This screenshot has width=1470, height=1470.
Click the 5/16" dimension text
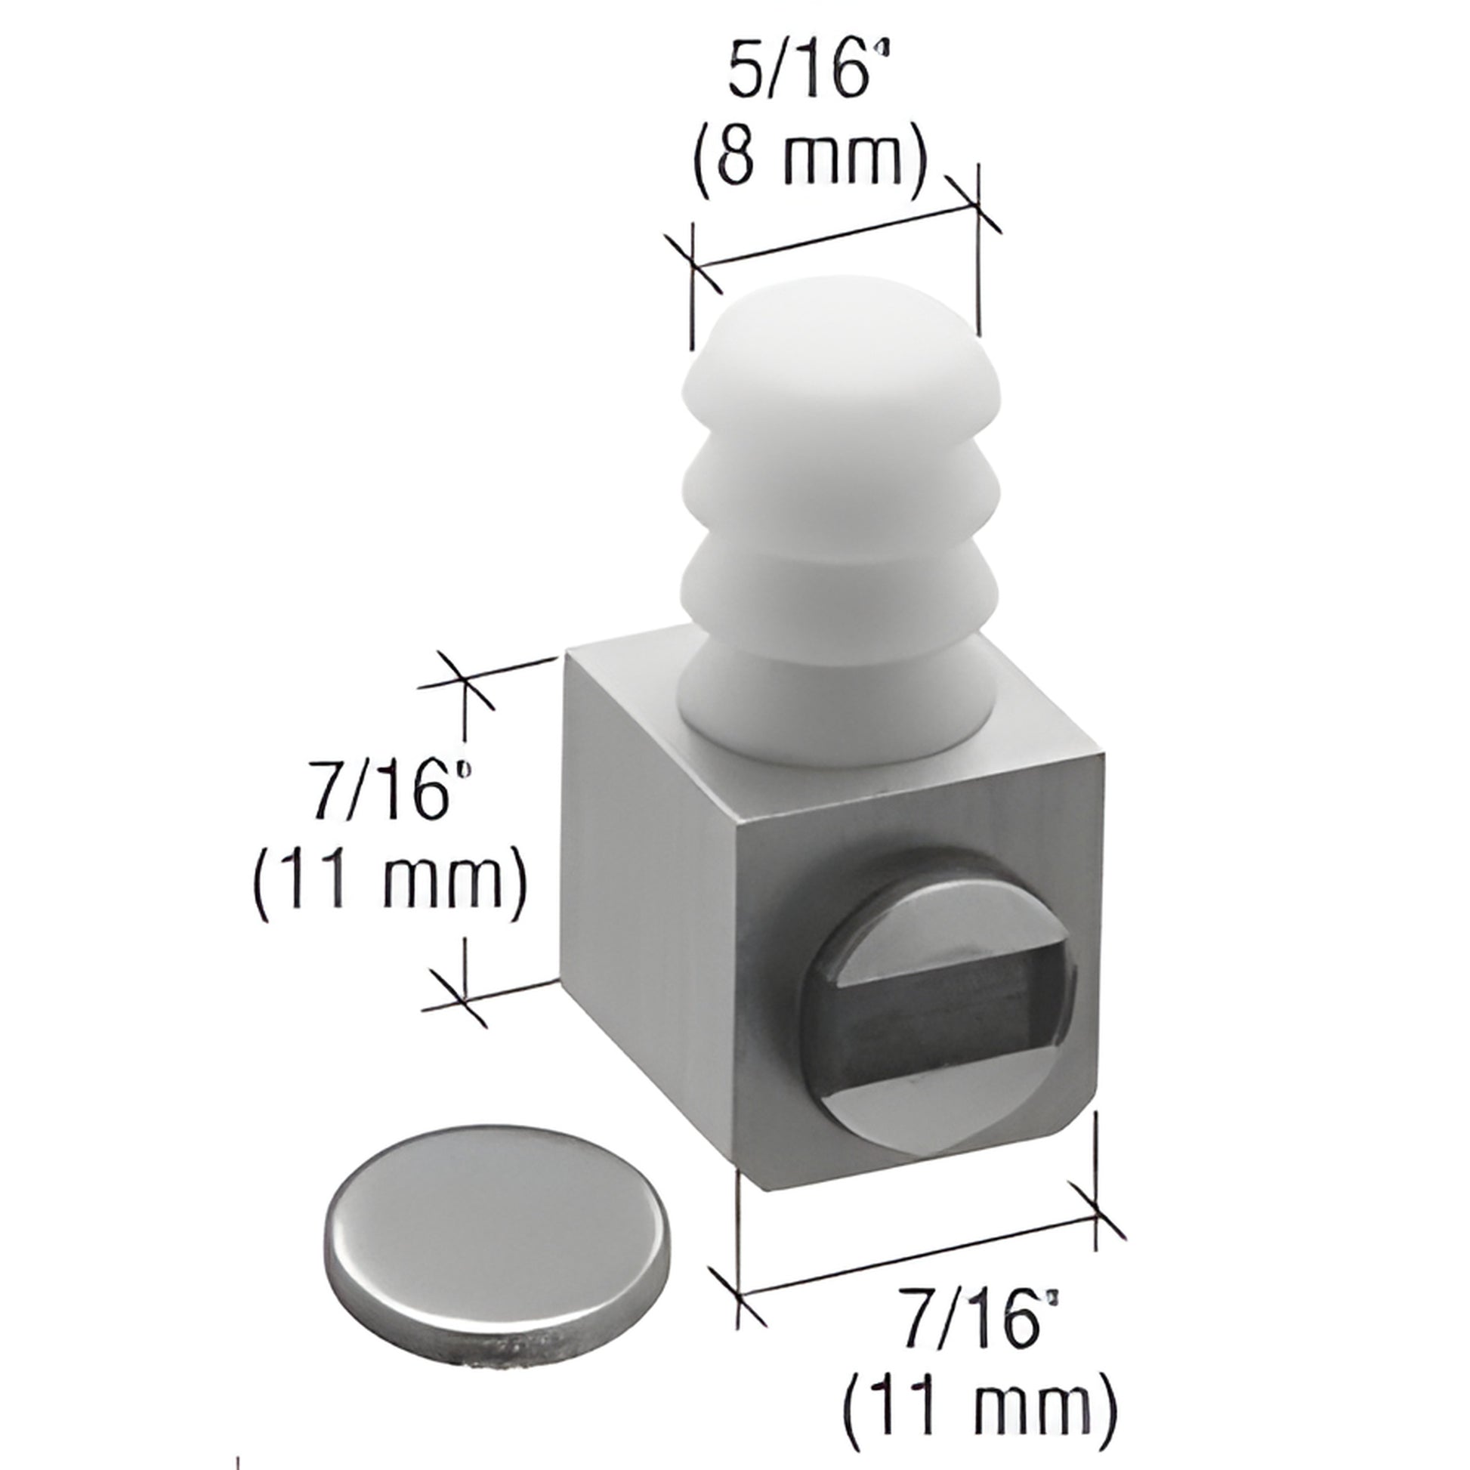[x=799, y=73]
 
